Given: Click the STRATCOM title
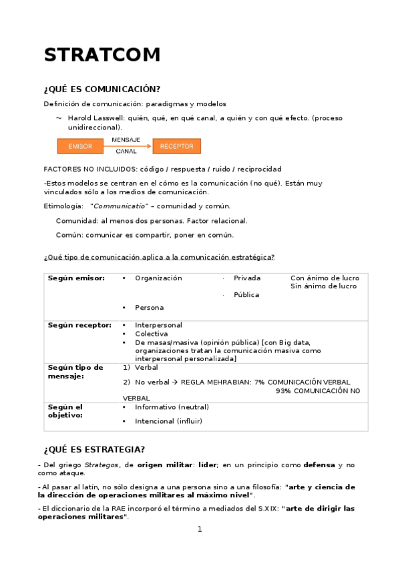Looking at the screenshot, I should coord(102,55).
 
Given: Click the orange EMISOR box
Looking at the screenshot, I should coord(80,146).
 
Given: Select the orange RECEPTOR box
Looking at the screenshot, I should coord(176,146).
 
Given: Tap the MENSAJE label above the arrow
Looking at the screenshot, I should coord(126,140).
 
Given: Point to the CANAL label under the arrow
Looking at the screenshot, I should coord(126,152).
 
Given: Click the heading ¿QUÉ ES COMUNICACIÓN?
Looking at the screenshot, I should coord(102,89).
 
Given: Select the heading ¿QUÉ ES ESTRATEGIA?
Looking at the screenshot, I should coord(94,449).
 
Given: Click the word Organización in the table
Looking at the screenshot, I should coord(158,278).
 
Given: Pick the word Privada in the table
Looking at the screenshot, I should coord(247,278).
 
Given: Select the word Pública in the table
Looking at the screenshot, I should coord(246,294).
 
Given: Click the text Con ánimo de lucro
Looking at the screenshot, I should coord(325,278).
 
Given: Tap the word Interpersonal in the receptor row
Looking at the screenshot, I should coord(158,325).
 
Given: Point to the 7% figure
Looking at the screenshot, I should coord(259,382).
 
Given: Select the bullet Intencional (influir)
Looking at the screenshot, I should coord(168,421).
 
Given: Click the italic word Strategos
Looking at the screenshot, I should coord(101,465).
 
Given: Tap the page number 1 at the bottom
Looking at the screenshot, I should coord(199,529).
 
